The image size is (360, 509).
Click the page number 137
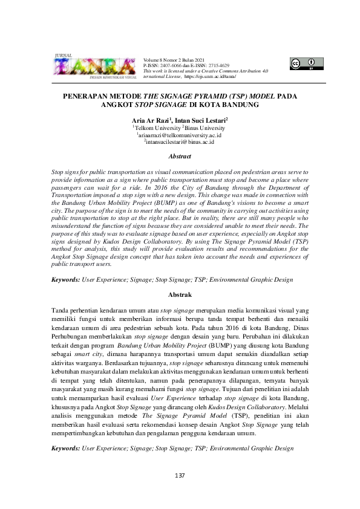(x=179, y=476)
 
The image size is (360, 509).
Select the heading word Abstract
(x=180, y=156)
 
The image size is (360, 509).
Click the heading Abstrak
(x=180, y=294)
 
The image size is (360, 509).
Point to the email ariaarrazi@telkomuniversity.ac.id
(x=180, y=136)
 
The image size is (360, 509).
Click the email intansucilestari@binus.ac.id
(x=180, y=143)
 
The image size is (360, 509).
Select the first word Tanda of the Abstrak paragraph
(x=61, y=310)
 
